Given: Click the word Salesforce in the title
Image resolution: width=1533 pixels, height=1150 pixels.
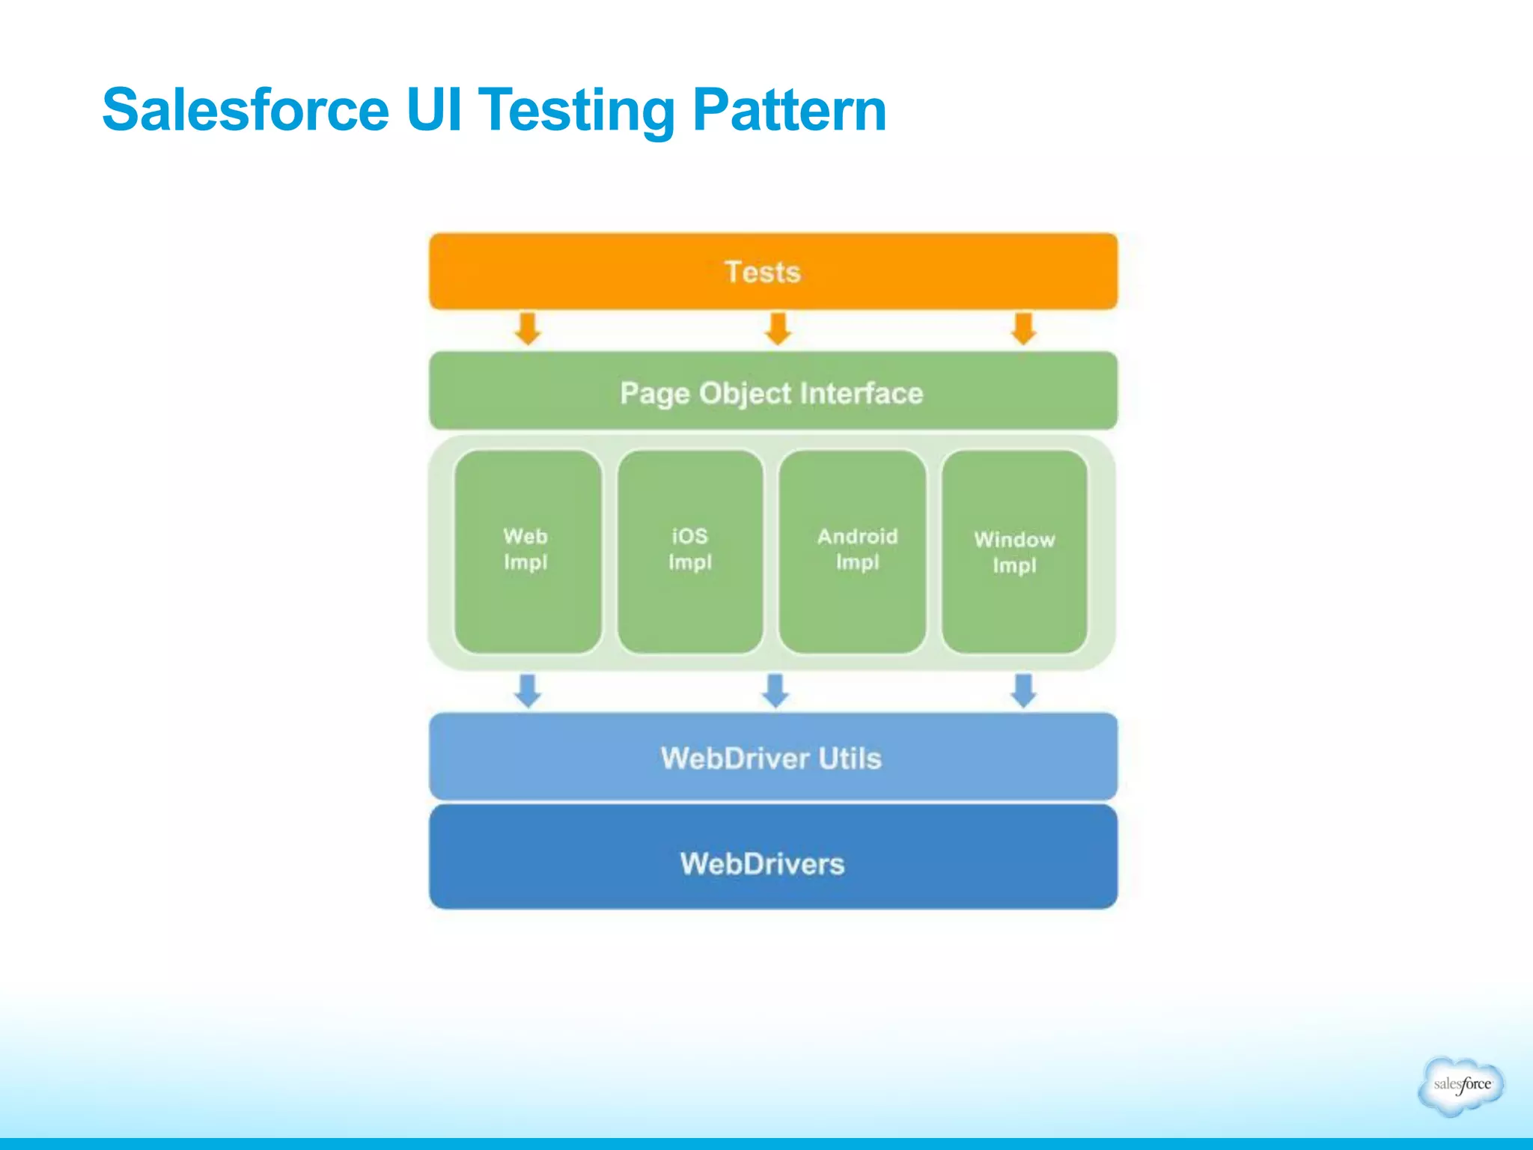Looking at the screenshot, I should pos(246,110).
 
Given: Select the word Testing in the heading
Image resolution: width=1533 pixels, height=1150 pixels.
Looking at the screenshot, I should pos(576,110).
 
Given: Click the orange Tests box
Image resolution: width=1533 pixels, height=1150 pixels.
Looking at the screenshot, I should pos(772,271).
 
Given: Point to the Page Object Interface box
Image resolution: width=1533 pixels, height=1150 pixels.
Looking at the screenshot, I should pos(772,392).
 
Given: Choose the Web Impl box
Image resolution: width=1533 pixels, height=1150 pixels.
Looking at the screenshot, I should pos(527,550).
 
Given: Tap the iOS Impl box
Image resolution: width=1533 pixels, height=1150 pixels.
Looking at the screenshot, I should pos(689,550).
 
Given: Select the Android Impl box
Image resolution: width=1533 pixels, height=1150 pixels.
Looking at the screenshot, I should pos(853,550).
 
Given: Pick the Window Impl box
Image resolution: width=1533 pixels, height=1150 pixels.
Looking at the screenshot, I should pos(1014,550).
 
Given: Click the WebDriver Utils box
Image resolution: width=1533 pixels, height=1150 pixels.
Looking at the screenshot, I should pos(772,757).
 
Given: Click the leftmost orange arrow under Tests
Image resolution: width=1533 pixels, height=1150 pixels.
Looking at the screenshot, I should pos(528,329).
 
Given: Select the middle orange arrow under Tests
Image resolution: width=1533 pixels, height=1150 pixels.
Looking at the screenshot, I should pos(778,329).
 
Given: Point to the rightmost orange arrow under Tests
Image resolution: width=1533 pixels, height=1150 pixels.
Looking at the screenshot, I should pos(1023,329).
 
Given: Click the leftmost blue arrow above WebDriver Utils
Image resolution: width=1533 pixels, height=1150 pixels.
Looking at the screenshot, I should pos(528,690).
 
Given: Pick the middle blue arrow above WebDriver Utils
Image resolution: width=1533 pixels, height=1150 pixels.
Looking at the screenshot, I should pos(775,690).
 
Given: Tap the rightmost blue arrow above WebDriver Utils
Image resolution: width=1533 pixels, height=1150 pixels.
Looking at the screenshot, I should pos(1023,690).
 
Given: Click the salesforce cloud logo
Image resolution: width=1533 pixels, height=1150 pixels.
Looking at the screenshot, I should pos(1460,1085).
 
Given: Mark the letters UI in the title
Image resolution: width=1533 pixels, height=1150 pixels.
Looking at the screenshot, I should pos(433,110).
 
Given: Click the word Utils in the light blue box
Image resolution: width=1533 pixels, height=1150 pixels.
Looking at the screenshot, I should pos(850,758).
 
